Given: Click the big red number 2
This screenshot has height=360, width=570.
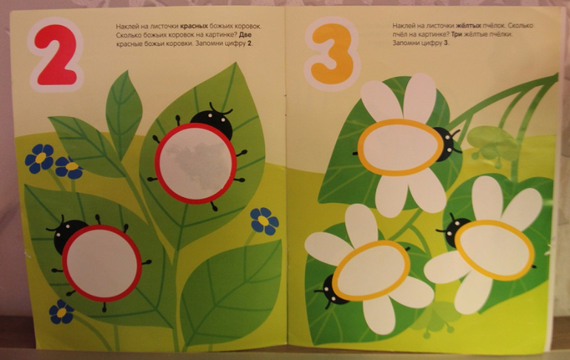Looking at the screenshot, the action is point(57,55).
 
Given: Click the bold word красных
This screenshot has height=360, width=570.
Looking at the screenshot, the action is point(194,26).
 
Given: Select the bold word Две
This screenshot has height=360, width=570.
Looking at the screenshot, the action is point(245,35).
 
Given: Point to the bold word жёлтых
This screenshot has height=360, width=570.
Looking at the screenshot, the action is point(468,25).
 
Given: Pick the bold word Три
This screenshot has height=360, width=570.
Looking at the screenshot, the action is point(457,35).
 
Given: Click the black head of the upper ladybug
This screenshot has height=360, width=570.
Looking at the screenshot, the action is point(212,120).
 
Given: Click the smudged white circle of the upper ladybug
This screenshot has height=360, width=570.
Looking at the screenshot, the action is point(195,163).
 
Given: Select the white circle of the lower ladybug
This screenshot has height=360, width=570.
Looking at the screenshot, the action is point(102,263).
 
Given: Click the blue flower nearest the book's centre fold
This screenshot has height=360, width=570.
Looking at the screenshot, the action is point(265,221).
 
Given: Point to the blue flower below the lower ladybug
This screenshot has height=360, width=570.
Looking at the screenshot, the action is point(61,312).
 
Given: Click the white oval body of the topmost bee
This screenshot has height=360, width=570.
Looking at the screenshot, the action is point(400,147).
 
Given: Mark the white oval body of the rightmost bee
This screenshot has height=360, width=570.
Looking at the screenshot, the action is point(494,250).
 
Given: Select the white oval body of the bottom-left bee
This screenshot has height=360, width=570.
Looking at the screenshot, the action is point(371,270).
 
